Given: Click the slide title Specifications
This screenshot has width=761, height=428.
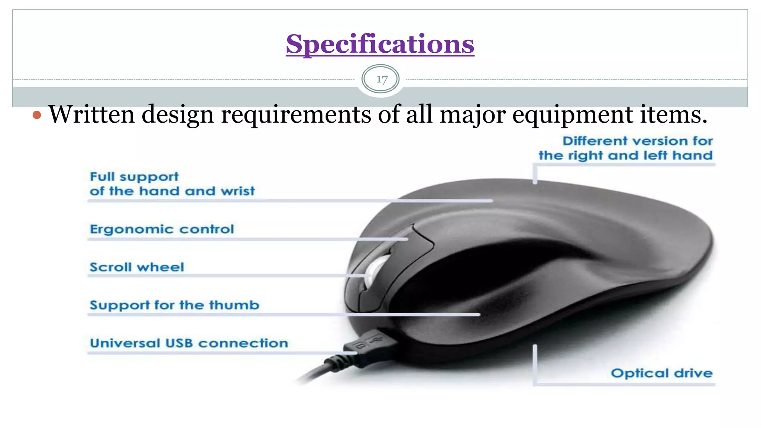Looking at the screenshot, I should click(380, 44).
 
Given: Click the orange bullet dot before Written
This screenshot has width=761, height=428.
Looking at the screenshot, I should click(36, 115).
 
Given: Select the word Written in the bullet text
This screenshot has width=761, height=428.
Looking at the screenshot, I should click(91, 114).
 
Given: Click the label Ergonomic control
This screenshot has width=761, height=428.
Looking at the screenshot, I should click(162, 229).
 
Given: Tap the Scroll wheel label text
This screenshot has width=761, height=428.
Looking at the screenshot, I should click(137, 267).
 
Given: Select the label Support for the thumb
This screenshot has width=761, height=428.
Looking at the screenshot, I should click(174, 305).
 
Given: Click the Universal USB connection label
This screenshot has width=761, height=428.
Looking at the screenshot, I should click(189, 343).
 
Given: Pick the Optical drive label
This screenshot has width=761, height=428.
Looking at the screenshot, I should click(661, 373).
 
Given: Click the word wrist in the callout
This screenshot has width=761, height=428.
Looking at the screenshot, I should click(238, 191).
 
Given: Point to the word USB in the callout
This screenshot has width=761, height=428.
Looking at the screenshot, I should click(179, 343).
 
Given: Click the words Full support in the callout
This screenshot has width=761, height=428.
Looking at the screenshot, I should click(134, 177).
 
